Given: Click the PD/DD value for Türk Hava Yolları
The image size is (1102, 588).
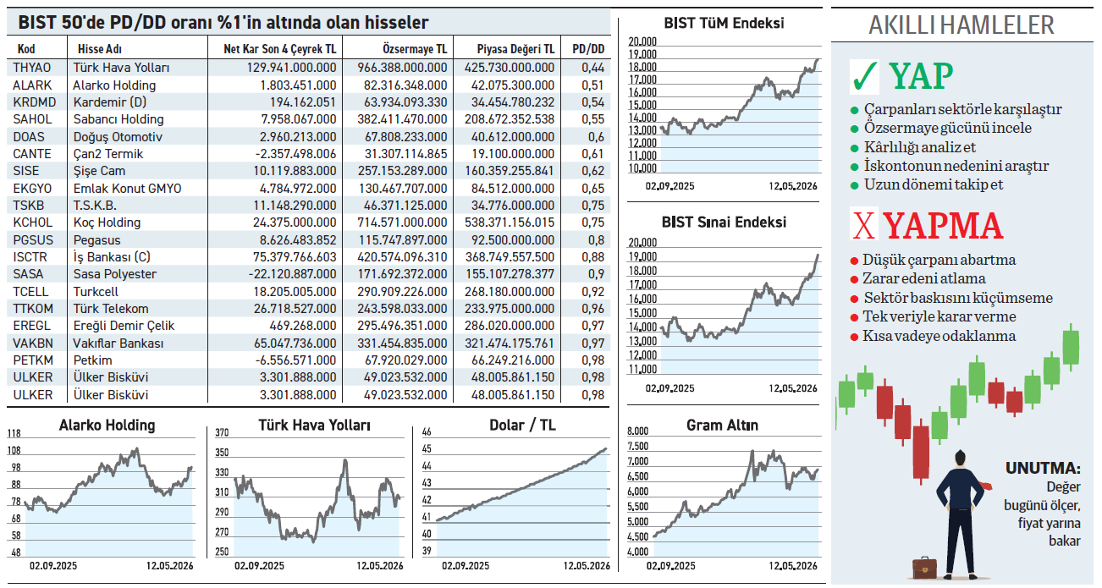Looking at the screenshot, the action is [592, 68].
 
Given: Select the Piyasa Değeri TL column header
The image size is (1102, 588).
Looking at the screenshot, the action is [515, 49].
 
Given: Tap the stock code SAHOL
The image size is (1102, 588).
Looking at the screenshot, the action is [32, 119].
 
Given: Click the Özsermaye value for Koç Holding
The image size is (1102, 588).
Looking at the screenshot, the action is [402, 223].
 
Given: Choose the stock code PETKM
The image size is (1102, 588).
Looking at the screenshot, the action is [33, 360].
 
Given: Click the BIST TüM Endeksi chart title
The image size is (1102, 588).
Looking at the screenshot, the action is [724, 23].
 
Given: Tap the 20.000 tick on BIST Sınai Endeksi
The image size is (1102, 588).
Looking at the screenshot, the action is [642, 242].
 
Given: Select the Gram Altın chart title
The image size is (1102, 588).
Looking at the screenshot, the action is [722, 426].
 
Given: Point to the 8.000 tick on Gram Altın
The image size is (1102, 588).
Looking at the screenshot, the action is [638, 431].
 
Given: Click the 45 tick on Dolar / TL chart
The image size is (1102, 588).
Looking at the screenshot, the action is [427, 449].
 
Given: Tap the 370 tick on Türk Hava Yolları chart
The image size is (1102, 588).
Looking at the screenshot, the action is [222, 432].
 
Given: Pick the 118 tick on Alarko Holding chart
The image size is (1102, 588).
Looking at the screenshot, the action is [14, 434].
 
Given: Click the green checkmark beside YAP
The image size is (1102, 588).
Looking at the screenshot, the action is [864, 76].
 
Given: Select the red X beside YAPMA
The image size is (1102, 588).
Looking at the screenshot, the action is [864, 226].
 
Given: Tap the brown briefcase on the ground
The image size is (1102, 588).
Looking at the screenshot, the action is [925, 569].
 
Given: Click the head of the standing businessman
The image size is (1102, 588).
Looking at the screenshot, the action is [960, 459].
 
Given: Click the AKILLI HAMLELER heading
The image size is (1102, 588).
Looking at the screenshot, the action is [961, 25].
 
